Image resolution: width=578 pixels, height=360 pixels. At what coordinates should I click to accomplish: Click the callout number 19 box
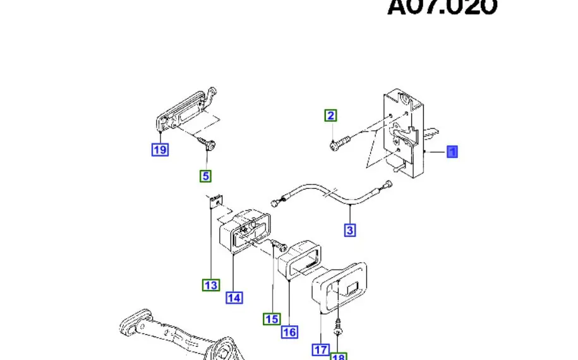(160, 150)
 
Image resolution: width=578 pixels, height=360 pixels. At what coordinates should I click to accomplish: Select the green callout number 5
(206, 176)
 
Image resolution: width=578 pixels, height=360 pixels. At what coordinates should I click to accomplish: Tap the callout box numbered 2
(331, 116)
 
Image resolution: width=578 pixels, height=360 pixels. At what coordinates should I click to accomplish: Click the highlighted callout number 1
(452, 152)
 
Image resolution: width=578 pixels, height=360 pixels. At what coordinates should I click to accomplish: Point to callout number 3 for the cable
(350, 230)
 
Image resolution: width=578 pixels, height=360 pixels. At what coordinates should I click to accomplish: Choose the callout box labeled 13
(211, 285)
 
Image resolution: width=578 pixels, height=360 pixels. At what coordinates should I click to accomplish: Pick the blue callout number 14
(234, 297)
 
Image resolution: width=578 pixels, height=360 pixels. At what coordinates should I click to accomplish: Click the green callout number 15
(272, 319)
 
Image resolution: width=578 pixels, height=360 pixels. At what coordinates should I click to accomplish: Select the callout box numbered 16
(289, 332)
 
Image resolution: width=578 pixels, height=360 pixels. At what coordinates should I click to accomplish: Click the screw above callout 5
(207, 143)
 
